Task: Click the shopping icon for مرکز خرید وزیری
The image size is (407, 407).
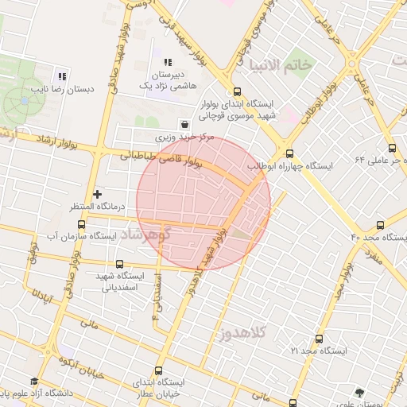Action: tap(185, 123)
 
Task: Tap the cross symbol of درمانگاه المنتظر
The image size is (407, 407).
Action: tap(98, 193)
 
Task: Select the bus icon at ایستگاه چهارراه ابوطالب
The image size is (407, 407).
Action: tap(289, 154)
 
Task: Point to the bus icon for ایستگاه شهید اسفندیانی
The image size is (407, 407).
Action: tap(120, 264)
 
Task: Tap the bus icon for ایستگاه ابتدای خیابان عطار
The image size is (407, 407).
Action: tap(158, 370)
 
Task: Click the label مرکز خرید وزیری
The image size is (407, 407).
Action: tap(184, 137)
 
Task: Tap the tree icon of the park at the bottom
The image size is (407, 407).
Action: tap(359, 393)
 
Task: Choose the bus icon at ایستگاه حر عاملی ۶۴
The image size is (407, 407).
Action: tap(392, 147)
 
